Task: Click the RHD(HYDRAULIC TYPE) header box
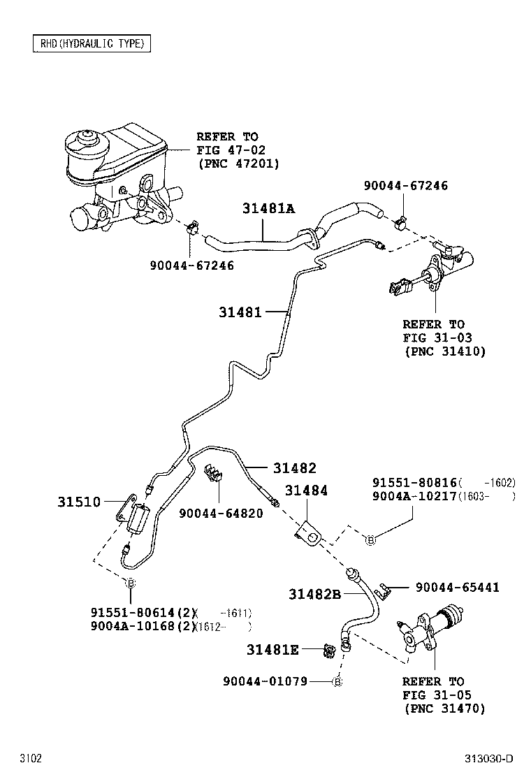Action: tap(92, 44)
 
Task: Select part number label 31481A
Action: tap(269, 208)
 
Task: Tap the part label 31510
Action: tap(78, 502)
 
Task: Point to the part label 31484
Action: tap(305, 491)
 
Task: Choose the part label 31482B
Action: tap(314, 594)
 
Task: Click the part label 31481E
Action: tap(272, 651)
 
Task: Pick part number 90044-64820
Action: tap(221, 514)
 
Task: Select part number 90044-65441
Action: tap(457, 588)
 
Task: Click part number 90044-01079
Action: tap(265, 681)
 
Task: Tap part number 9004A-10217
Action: tap(414, 496)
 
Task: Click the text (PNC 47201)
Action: tap(238, 164)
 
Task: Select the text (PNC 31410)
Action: tap(444, 351)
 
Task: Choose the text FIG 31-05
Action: tap(437, 695)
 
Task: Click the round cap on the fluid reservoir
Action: tap(88, 138)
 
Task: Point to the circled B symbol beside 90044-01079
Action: tap(337, 681)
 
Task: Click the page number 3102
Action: tap(31, 759)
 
